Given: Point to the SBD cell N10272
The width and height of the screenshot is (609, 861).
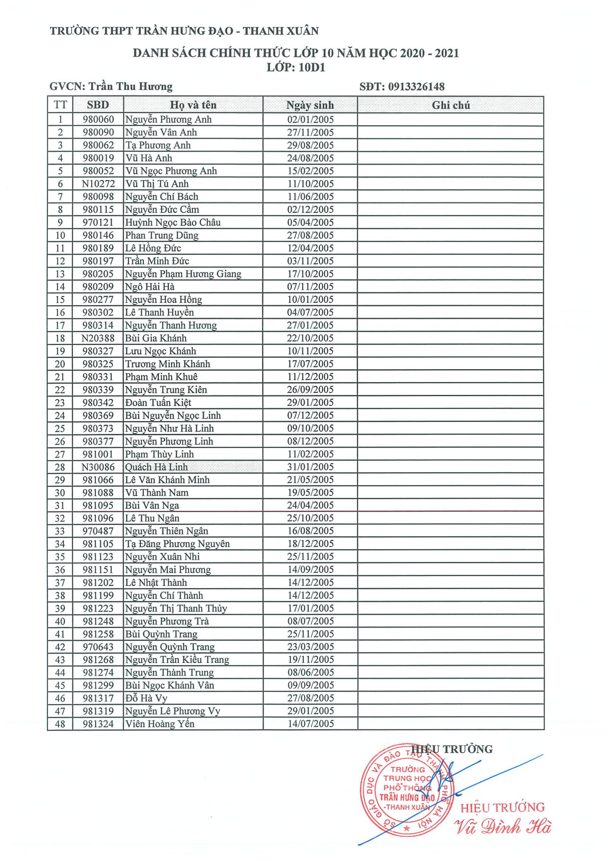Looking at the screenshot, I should tap(98, 184).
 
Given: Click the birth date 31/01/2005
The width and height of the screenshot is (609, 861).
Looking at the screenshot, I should tap(310, 467).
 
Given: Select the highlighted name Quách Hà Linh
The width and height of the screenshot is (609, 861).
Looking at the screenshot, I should tap(157, 467).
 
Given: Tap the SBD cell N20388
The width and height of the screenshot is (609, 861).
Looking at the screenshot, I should tap(98, 338).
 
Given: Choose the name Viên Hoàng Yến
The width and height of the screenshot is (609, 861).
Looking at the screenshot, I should tap(160, 724).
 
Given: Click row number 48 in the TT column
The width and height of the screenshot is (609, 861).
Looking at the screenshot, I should tap(60, 724).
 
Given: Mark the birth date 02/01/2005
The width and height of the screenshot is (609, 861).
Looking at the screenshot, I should tap(310, 120).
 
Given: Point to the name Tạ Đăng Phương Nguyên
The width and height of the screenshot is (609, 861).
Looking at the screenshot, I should tap(177, 544).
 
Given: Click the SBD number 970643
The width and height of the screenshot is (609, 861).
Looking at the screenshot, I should tap(98, 647).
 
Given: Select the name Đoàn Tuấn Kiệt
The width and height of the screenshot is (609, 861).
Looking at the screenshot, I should tap(158, 403).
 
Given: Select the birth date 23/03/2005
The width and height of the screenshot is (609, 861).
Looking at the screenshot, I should tap(310, 647).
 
